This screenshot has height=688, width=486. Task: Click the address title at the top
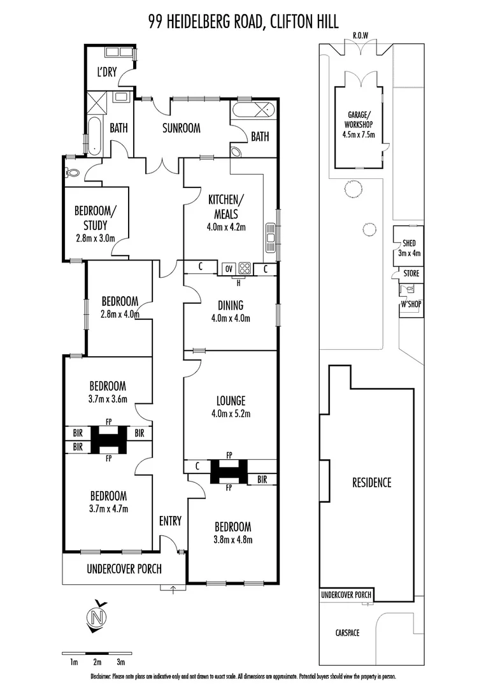[243, 23]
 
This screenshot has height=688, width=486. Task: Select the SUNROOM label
[181, 128]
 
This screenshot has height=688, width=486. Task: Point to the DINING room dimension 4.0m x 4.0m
[230, 319]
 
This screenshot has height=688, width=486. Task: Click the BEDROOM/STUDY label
[95, 218]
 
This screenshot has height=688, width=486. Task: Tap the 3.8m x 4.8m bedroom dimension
[232, 540]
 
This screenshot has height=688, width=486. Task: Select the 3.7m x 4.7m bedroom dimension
[108, 508]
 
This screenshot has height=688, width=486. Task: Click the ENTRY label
[170, 521]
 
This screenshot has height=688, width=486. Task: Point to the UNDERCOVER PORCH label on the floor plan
[124, 569]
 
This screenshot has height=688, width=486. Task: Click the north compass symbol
[97, 617]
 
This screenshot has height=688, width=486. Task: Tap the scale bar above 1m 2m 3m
[97, 654]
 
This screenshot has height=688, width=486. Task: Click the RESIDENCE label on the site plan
[372, 482]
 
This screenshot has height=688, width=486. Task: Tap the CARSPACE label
[347, 633]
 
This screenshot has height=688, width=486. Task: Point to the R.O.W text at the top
[361, 36]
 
